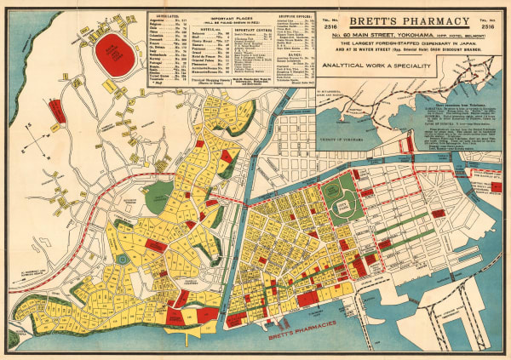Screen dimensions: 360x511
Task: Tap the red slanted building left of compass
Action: (56, 110)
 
